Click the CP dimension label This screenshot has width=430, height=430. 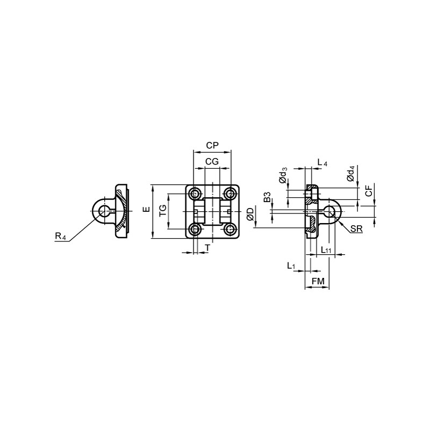(212, 145)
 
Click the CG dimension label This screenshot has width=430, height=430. (212, 161)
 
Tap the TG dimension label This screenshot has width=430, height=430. (162, 212)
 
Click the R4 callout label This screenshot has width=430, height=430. (61, 236)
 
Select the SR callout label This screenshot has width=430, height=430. (356, 230)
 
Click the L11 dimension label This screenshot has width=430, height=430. (326, 250)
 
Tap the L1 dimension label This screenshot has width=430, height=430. (291, 266)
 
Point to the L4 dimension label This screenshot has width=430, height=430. (321, 162)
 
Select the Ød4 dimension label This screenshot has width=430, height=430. (351, 174)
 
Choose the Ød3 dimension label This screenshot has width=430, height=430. (283, 176)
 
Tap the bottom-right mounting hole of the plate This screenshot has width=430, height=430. (231, 230)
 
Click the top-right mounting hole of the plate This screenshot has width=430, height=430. (231, 193)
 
